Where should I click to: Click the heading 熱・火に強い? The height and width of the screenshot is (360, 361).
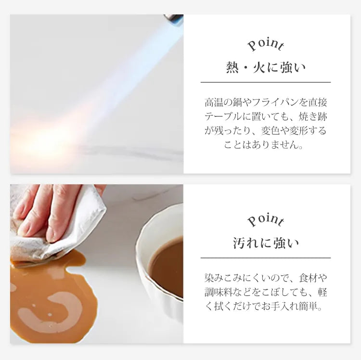coord(266,68)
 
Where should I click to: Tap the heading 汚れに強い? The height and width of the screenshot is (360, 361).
coord(266,244)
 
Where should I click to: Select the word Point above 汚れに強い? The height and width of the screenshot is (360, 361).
coord(266,220)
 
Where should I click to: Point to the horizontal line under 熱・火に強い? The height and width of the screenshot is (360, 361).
coord(266,82)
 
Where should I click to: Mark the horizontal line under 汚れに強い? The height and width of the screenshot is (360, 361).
coord(266,258)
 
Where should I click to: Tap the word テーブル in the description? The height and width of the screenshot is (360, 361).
coord(223,116)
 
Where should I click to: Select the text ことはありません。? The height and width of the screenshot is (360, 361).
coord(263,145)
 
